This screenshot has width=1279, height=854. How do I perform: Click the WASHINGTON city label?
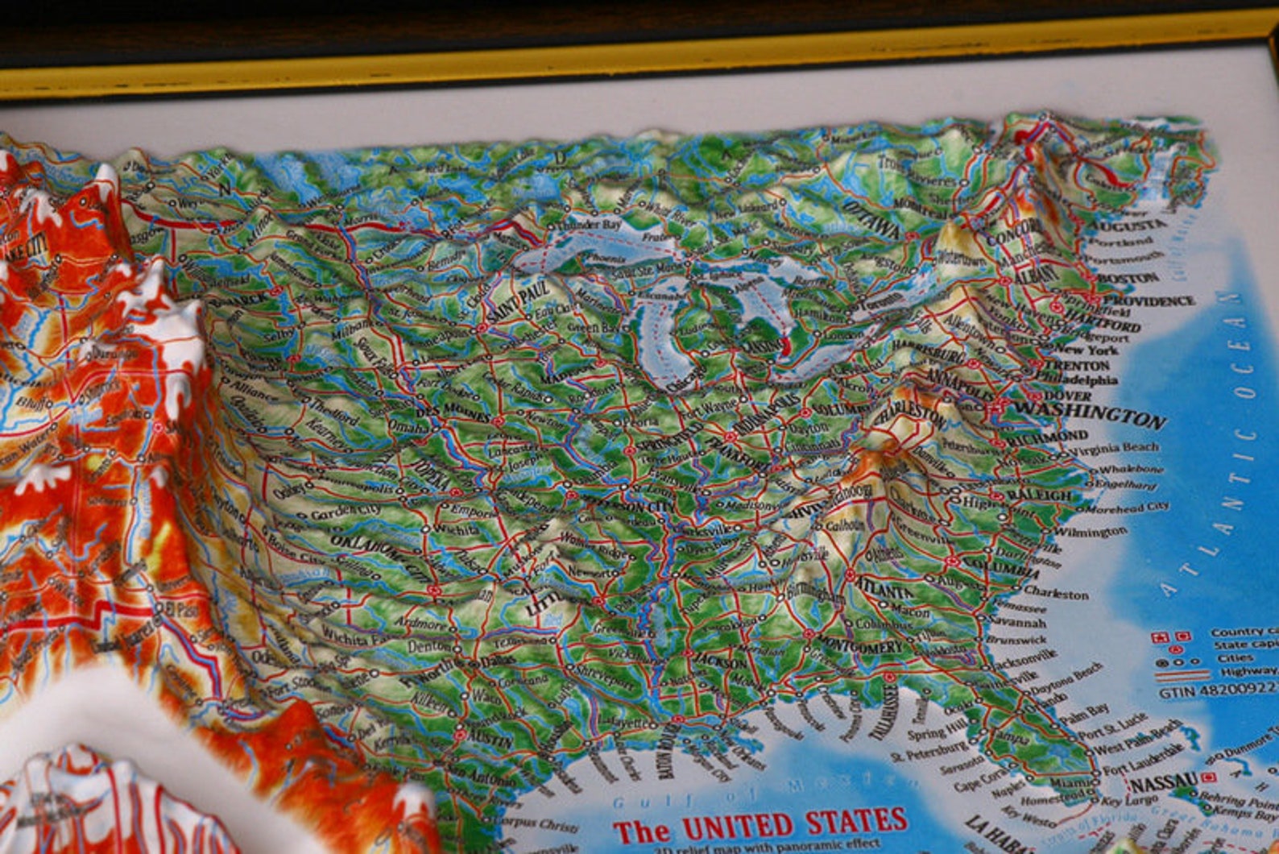tap(1090, 414)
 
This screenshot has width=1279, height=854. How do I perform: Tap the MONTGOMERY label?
tap(860, 645)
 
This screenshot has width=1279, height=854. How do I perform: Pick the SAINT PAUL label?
tap(518, 302)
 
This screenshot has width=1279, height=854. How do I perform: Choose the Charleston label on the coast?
tap(1056, 594)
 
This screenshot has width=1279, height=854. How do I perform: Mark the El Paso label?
tap(177, 608)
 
